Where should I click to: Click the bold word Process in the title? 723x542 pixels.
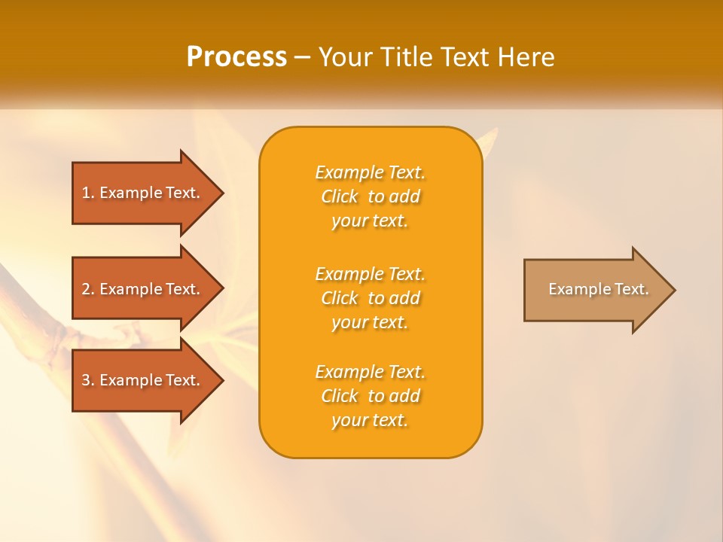(236, 56)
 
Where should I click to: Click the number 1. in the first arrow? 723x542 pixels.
(88, 193)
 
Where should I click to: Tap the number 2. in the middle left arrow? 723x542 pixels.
(88, 289)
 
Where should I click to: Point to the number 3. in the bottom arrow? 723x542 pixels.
(88, 380)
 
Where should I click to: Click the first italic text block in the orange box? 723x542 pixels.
(370, 196)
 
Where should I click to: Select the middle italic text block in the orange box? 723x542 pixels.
(370, 298)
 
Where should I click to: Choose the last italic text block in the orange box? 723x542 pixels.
(370, 396)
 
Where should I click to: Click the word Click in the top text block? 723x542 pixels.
(339, 196)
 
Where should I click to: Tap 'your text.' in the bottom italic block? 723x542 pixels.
(370, 420)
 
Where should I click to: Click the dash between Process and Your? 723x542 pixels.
(303, 57)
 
